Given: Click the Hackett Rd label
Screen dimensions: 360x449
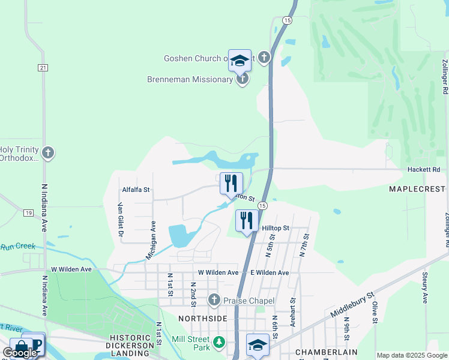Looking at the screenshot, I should pos(424,170).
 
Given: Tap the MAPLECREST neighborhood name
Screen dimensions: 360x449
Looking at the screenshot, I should pos(418,189).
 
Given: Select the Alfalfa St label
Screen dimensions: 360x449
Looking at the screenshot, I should pos(136,190).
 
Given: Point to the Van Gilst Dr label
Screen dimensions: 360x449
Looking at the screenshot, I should pos(120,219).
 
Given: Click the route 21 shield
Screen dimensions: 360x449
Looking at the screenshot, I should pos(43,68).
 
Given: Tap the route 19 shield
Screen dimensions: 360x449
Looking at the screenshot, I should pos(29,213).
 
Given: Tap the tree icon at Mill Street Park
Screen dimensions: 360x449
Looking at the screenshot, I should pos(220,342).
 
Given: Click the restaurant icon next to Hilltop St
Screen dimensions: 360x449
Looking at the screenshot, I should pos(247,221).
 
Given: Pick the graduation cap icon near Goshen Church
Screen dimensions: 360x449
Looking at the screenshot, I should pos(240,60).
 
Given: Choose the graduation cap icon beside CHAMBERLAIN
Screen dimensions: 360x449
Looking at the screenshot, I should pos(258,345).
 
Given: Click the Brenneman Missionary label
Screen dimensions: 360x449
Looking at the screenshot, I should pos(190,79).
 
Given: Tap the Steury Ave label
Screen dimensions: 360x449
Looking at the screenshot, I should pos(425,289).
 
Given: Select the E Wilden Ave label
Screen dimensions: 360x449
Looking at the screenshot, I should pos(270,272).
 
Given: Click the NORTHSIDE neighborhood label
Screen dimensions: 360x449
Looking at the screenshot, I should pos(203,317).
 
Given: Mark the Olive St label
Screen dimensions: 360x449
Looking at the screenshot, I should pos(375,313).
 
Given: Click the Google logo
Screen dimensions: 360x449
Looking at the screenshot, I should pos(20,352).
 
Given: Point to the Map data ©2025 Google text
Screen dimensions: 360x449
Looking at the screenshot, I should pos(412,355).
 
